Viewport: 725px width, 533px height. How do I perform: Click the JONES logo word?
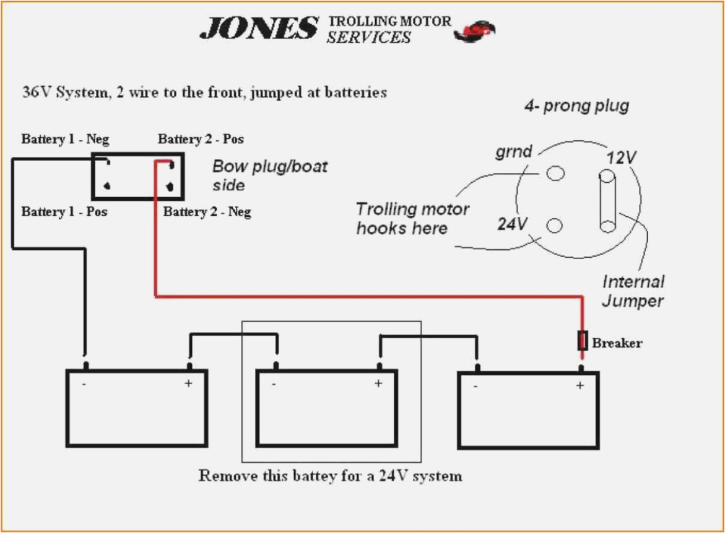click(258, 29)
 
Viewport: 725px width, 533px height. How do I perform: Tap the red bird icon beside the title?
click(475, 30)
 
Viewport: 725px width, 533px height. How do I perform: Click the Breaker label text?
click(617, 343)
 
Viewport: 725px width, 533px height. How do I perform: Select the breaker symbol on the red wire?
click(582, 340)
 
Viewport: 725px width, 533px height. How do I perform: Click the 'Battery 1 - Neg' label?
click(65, 139)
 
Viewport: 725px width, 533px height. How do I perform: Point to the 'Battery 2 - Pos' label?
click(201, 139)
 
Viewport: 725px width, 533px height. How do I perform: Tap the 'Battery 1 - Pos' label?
click(64, 212)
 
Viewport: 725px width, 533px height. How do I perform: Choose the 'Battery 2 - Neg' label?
click(207, 212)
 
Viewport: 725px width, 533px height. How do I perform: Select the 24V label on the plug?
click(512, 223)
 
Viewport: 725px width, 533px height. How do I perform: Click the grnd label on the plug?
click(513, 151)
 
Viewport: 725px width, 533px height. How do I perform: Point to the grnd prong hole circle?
click(555, 174)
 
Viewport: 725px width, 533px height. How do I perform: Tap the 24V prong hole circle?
click(555, 226)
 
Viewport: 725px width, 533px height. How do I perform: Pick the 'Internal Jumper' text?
click(633, 291)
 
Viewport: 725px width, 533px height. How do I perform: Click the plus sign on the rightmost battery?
click(580, 385)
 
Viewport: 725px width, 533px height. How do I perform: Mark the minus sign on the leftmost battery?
click(83, 384)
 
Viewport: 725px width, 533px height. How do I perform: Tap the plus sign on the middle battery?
click(378, 384)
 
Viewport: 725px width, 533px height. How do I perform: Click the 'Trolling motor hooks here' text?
click(412, 219)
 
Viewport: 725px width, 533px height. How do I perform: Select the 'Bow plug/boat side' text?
click(269, 175)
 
